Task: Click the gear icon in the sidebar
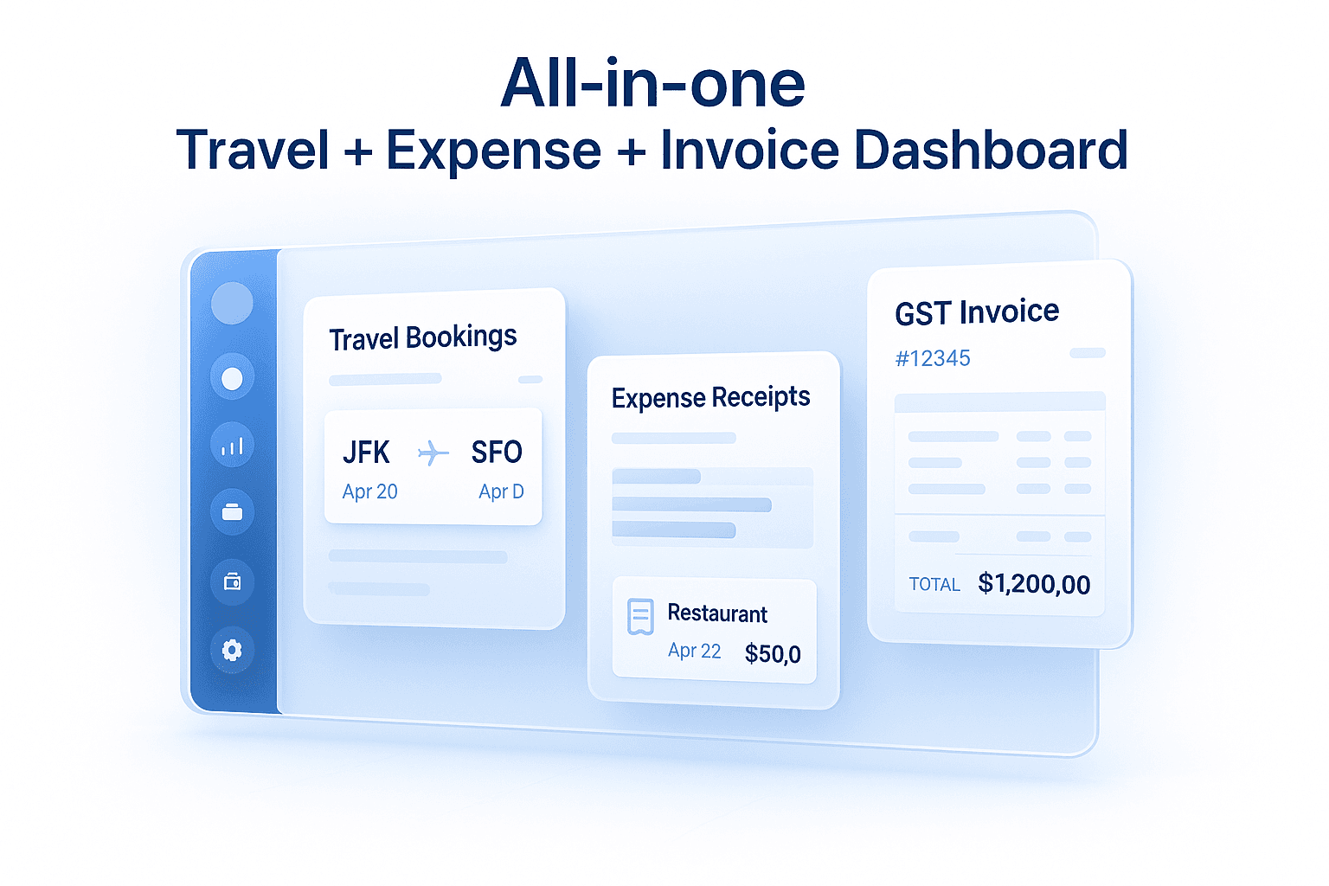pos(232,650)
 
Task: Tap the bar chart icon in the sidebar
pos(232,446)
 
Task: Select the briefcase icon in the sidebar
pos(232,512)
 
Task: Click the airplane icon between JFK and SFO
pos(433,453)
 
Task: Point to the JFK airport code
pos(366,453)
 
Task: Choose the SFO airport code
pos(497,453)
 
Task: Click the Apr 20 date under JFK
pos(369,491)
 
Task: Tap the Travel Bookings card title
pos(423,337)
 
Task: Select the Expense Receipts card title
pos(710,397)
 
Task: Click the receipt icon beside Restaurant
pos(640,616)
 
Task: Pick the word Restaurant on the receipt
pos(717,613)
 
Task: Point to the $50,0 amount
pos(773,653)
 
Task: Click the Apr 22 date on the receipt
pos(694,651)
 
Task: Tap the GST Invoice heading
pos(977,312)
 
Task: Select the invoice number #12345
pos(933,358)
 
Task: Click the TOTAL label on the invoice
pos(934,585)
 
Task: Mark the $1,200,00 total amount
pos(1034,584)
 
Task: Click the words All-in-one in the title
pos(653,84)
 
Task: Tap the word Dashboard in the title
pos(991,150)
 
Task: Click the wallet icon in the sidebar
pos(232,581)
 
